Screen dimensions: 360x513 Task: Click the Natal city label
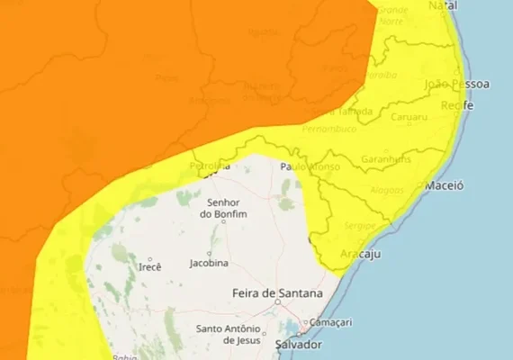(443, 5)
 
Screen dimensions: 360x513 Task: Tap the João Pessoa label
(459, 85)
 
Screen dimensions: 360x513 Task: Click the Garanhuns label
(386, 159)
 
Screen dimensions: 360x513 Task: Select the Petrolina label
(211, 166)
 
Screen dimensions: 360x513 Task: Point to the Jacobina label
(209, 263)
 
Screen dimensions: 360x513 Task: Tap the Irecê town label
(150, 267)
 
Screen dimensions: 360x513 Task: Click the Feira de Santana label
(277, 293)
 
